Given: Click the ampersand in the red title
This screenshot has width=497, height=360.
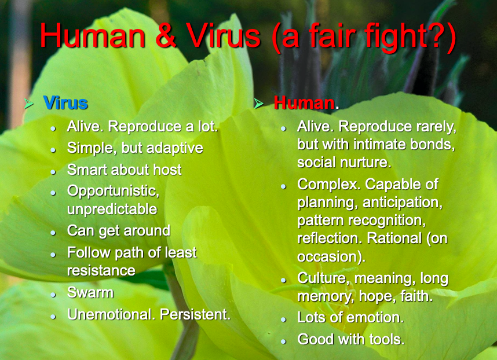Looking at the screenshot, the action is coord(165,35).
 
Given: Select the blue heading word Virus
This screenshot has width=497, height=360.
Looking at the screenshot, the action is coord(65,103).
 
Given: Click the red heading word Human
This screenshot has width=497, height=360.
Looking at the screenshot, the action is coord(304,103).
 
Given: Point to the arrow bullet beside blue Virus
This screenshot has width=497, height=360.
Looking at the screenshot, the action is coord(28,103).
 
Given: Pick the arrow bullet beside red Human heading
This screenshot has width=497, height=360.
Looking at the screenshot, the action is coord(259,103).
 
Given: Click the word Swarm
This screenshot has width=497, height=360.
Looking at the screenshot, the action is coord(90,292).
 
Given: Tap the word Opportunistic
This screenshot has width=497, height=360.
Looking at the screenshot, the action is coord(113,191).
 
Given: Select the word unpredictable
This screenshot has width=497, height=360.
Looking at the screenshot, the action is coord(112,209).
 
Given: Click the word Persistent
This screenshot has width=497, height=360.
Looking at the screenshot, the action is coord(195,314).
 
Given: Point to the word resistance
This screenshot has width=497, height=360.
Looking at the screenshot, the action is coord(101,271).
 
